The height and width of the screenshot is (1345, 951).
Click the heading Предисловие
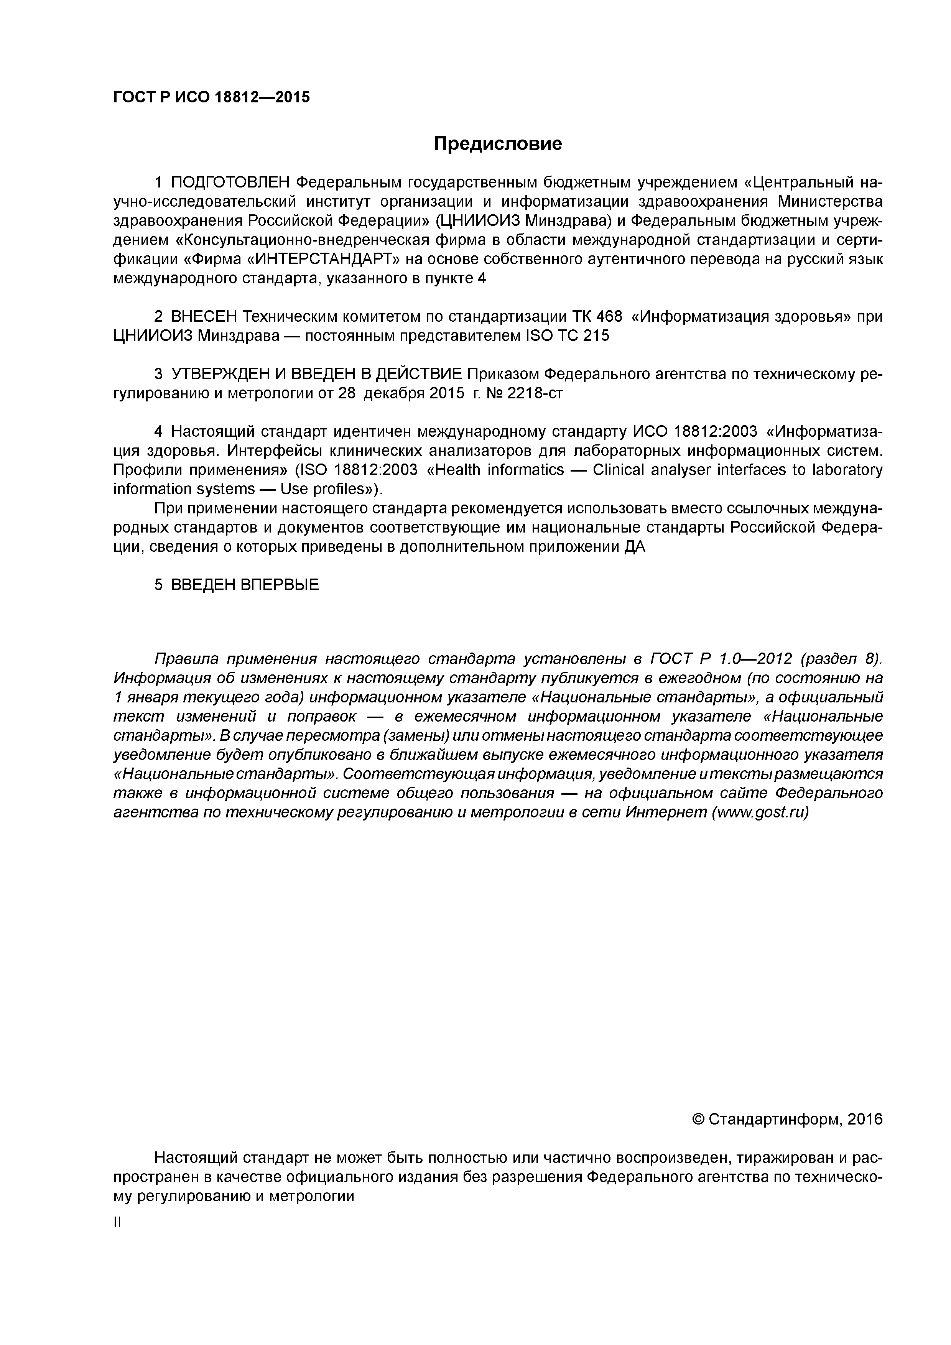(497, 143)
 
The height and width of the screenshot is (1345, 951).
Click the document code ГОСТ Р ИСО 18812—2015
(212, 97)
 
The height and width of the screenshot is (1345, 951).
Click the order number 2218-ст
(535, 393)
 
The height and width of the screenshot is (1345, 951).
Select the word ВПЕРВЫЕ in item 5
(280, 585)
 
